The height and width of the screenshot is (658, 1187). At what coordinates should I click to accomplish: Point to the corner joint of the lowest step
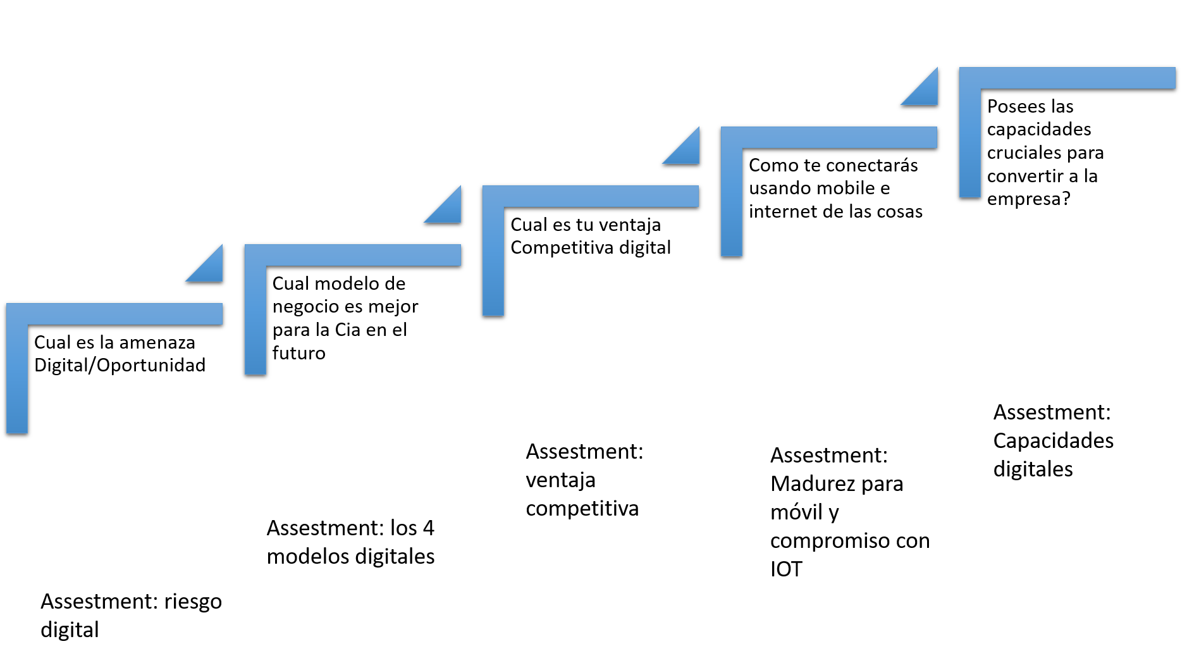[17, 314]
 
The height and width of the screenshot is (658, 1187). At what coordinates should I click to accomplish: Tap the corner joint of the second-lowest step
[255, 255]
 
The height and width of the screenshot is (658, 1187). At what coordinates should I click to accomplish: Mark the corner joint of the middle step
[493, 196]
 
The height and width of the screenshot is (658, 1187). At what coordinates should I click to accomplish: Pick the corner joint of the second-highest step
[732, 137]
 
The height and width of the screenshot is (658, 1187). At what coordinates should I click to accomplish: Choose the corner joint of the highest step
[970, 78]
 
